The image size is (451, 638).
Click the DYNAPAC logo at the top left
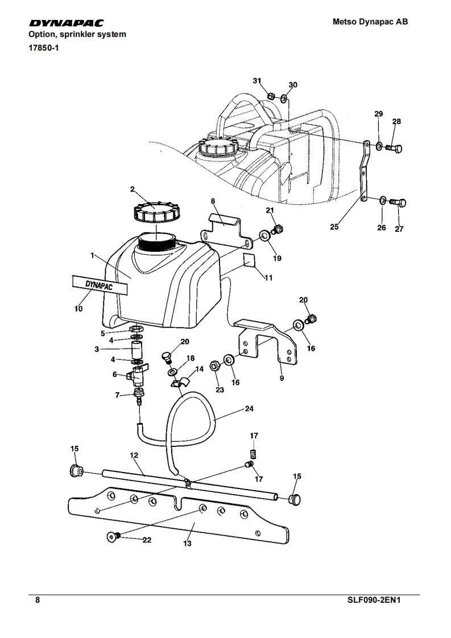67,23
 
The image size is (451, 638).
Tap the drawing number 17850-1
44,47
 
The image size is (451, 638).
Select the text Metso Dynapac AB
370,22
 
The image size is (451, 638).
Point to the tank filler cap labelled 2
155,213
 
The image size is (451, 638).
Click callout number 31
257,81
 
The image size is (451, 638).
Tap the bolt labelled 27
400,202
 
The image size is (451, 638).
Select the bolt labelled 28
395,148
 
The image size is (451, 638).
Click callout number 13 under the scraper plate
187,544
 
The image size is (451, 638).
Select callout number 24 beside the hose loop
249,408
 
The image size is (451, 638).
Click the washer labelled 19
264,235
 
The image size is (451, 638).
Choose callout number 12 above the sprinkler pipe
134,455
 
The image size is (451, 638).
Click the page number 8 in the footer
38,600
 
